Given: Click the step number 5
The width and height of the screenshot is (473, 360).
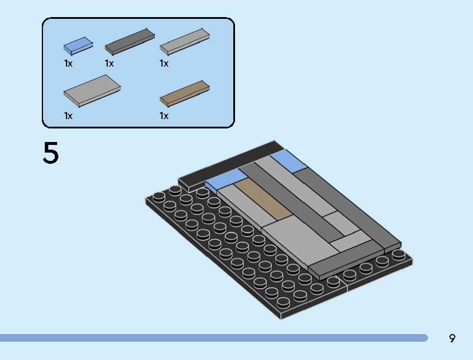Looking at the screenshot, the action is pyautogui.click(x=51, y=153).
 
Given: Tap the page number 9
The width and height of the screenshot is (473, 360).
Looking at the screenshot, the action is pyautogui.click(x=452, y=338).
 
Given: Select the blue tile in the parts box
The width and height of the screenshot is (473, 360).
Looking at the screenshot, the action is pyautogui.click(x=78, y=46).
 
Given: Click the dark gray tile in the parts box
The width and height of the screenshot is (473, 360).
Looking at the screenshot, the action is pyautogui.click(x=130, y=42).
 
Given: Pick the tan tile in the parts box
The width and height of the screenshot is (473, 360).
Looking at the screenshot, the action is pyautogui.click(x=184, y=94).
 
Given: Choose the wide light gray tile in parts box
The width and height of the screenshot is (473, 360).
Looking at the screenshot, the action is pyautogui.click(x=92, y=91).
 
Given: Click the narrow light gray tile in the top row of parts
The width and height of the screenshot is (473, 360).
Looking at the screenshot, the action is pyautogui.click(x=184, y=42).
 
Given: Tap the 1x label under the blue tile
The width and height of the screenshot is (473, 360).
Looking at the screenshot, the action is pyautogui.click(x=68, y=64).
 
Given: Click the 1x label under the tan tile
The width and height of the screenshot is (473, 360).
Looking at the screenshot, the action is pyautogui.click(x=164, y=116).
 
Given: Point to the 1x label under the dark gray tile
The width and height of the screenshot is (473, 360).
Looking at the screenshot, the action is pyautogui.click(x=109, y=64).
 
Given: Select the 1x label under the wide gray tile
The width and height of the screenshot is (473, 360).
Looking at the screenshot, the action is pyautogui.click(x=68, y=116).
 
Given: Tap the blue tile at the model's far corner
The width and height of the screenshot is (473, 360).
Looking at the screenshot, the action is pyautogui.click(x=289, y=162).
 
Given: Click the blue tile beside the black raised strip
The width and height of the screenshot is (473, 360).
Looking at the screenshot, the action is pyautogui.click(x=226, y=180).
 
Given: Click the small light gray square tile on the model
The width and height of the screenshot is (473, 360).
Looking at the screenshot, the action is pyautogui.click(x=341, y=223).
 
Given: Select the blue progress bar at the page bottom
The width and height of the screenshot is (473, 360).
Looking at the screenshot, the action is pyautogui.click(x=214, y=338).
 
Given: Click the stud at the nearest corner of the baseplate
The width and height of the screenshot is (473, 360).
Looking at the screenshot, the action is pyautogui.click(x=283, y=302).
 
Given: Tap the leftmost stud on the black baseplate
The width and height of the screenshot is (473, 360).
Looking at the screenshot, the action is pyautogui.click(x=158, y=197).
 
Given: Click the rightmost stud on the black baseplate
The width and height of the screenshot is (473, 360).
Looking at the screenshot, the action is pyautogui.click(x=399, y=255).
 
